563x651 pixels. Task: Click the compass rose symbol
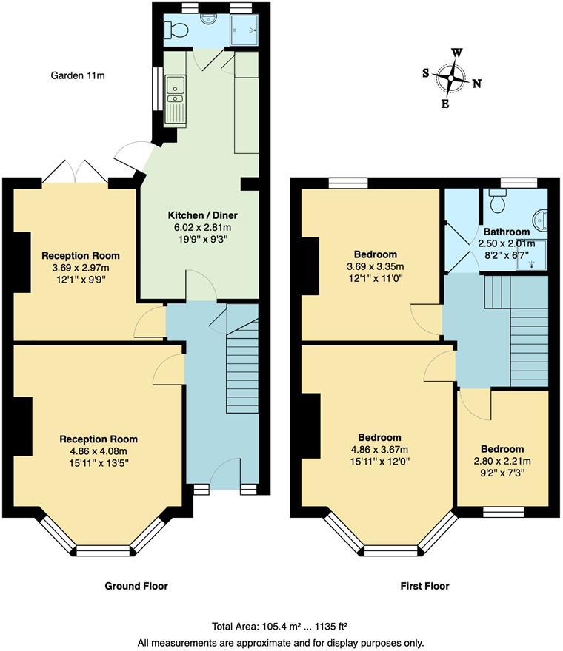(450, 77)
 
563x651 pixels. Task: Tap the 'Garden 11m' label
(77, 75)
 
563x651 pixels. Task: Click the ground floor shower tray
(244, 30)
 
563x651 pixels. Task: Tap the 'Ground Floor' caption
(136, 586)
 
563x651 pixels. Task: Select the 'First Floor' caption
(425, 586)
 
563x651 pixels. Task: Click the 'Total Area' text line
(281, 625)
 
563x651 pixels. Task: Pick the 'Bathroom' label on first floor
(507, 232)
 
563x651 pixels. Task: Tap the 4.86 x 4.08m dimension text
(99, 452)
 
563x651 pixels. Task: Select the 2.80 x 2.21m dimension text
(502, 462)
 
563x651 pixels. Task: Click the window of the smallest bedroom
(503, 510)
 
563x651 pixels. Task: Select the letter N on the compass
(477, 84)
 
